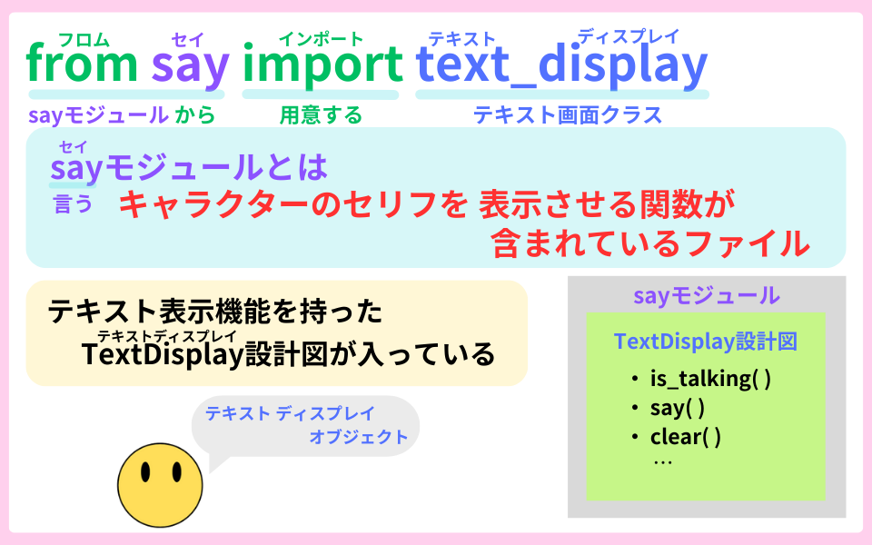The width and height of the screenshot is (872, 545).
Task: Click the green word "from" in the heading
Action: [82, 64]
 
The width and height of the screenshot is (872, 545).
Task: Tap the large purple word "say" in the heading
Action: [189, 66]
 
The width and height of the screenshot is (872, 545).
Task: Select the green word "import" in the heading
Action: [322, 66]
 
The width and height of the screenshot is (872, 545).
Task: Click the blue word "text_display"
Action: [561, 66]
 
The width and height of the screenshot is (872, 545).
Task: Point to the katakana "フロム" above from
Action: [84, 39]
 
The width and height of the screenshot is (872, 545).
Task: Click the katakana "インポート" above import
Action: [321, 38]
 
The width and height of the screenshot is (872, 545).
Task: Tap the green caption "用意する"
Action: [320, 115]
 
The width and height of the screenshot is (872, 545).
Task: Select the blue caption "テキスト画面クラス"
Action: [568, 115]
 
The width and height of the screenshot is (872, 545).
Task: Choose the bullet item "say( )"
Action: [678, 408]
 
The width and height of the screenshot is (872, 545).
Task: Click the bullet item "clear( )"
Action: [686, 437]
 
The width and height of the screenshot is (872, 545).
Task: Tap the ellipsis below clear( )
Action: [662, 461]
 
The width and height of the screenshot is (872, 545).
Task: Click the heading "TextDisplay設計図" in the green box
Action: [705, 342]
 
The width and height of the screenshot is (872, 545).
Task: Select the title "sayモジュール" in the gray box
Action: [706, 295]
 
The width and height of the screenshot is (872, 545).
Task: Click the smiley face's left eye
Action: [145, 473]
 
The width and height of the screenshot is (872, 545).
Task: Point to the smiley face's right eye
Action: [175, 473]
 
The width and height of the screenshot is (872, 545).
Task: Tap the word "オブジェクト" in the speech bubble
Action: [359, 437]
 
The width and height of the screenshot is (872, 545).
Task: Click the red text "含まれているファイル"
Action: [649, 243]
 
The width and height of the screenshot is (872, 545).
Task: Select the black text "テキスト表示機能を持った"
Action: [214, 312]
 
